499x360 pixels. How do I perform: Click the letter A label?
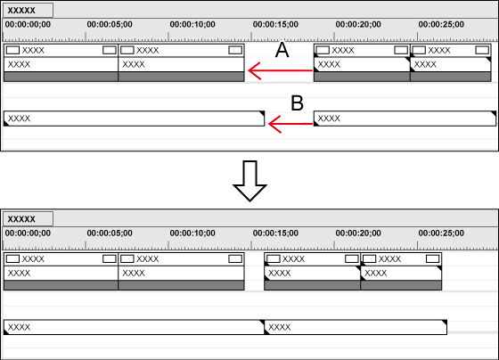pos(282,50)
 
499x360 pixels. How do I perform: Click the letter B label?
pos(298,103)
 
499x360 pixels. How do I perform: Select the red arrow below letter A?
pos(280,70)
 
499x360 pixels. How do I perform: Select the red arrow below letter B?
pos(290,124)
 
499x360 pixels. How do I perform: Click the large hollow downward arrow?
pos(250,181)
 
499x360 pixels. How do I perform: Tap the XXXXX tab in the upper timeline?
pos(28,10)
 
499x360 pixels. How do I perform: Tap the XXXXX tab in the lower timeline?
pos(28,219)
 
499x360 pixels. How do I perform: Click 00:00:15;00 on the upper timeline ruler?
pos(275,25)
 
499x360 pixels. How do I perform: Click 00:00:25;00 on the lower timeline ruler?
pos(441,233)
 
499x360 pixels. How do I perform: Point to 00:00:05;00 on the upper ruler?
pos(110,25)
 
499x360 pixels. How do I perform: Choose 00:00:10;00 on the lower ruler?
pos(192,233)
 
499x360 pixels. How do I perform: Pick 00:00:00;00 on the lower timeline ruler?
pos(28,233)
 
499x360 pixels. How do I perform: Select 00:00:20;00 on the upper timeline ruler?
pos(358,25)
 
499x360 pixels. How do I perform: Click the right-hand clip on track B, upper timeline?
pos(405,119)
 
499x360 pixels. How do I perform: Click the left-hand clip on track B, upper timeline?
pos(134,119)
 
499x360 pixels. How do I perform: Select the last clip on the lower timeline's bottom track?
pos(356,327)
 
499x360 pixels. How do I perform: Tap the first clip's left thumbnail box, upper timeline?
pos(12,50)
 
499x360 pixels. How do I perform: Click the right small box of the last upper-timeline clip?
pos(482,50)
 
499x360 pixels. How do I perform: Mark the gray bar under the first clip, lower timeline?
pos(61,285)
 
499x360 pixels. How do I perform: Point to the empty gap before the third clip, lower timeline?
pos(254,271)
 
